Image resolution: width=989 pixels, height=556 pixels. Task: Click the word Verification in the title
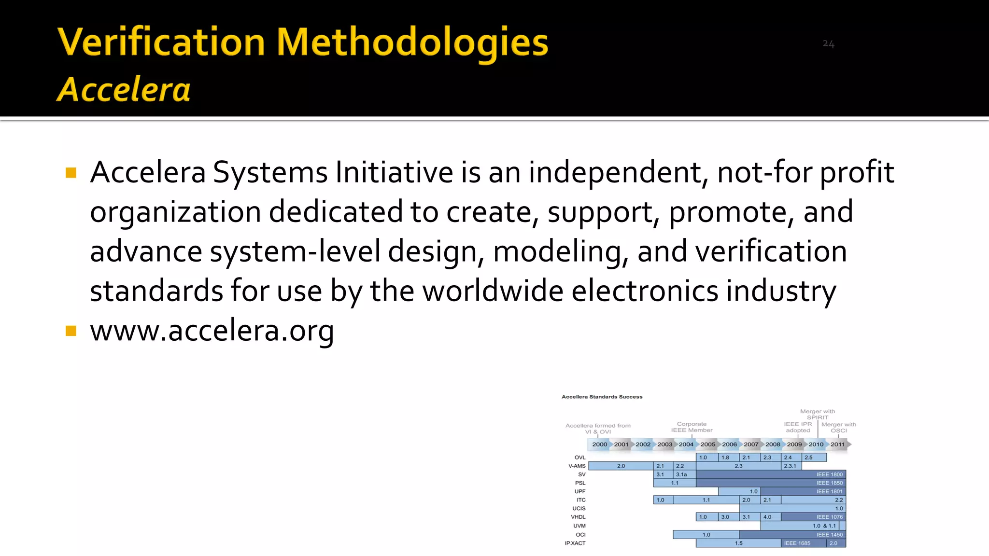click(161, 42)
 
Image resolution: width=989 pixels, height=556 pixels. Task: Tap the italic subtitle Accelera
click(124, 90)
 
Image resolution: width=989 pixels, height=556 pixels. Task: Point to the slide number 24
click(828, 44)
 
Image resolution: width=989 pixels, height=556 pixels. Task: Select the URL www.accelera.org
click(212, 331)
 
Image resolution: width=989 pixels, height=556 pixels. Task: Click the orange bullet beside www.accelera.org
click(71, 331)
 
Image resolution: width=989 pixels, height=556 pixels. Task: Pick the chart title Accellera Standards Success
click(602, 397)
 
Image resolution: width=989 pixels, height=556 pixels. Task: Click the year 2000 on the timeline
click(599, 445)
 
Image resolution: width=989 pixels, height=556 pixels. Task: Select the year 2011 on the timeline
click(837, 445)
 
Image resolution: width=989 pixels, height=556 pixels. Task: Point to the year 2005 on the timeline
click(707, 445)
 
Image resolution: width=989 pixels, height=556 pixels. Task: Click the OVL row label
click(579, 458)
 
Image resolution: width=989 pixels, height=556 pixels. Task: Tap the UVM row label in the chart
click(579, 526)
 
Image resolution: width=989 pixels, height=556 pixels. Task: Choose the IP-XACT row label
click(575, 543)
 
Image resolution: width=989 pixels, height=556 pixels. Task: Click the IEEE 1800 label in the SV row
click(829, 474)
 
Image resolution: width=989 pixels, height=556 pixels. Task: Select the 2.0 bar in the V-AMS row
click(621, 466)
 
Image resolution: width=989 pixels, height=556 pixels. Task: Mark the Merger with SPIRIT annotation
click(817, 415)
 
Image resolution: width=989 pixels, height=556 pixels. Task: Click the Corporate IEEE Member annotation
click(692, 427)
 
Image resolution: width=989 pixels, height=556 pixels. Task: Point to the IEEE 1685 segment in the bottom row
click(797, 543)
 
